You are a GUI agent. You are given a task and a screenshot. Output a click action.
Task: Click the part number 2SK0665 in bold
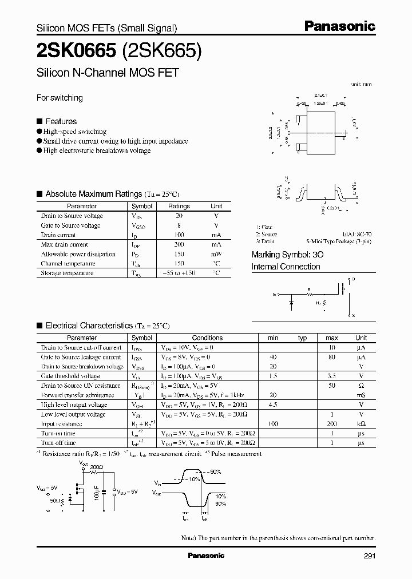[x=77, y=51]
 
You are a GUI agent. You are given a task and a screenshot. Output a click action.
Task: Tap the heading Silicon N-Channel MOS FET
[x=108, y=73]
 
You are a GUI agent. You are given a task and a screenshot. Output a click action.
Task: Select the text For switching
[x=60, y=98]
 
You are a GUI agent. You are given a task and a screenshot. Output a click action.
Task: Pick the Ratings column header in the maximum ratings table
[x=179, y=206]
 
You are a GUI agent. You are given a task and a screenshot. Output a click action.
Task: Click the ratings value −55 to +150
[x=179, y=273]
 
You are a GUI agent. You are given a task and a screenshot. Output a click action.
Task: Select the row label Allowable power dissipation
[x=78, y=254]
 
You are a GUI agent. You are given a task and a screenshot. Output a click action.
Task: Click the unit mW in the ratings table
[x=216, y=254]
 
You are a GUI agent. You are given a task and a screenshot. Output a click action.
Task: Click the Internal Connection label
[x=286, y=267]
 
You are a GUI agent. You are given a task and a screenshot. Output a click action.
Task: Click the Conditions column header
[x=207, y=338]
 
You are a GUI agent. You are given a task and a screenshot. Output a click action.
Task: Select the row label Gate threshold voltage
[x=70, y=376]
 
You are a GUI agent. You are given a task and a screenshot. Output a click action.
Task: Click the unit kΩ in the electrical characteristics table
[x=361, y=424]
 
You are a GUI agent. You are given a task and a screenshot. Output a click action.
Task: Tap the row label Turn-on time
[x=58, y=434]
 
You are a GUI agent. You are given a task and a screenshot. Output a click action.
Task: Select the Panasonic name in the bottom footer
[x=206, y=556]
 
